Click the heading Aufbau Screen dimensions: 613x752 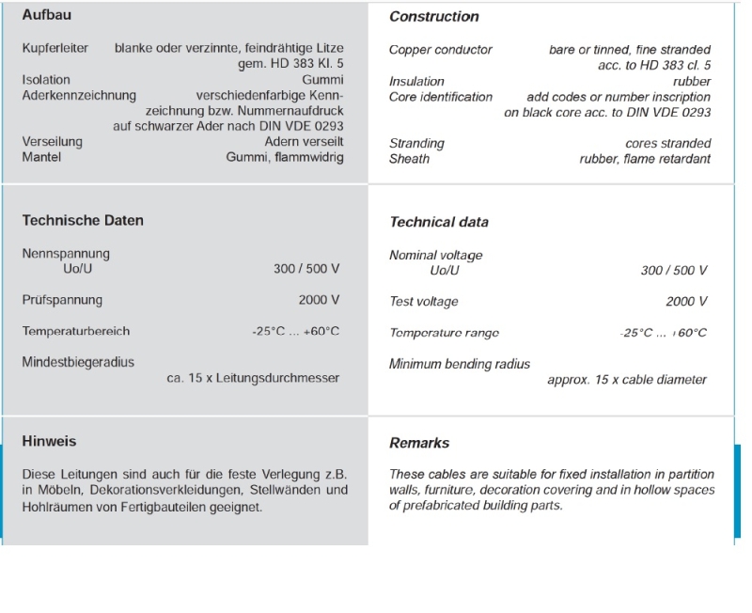click(x=46, y=15)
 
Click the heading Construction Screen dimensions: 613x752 click(x=433, y=16)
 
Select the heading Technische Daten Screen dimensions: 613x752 click(x=83, y=220)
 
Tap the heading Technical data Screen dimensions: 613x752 click(x=438, y=222)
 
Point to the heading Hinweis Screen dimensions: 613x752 click(x=49, y=440)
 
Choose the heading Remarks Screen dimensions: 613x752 click(x=418, y=442)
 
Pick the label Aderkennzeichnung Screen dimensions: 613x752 click(x=79, y=95)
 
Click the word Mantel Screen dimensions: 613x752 click(x=41, y=157)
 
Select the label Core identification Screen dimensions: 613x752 click(x=440, y=97)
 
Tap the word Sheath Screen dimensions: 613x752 click(x=409, y=159)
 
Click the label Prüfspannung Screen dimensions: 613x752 click(x=62, y=300)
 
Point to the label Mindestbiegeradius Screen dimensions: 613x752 click(x=78, y=362)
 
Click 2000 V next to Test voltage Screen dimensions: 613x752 click(x=686, y=302)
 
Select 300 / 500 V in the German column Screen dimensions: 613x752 click(x=306, y=269)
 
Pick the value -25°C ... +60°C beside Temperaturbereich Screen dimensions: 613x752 click(x=295, y=331)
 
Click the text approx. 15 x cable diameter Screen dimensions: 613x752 click(x=626, y=380)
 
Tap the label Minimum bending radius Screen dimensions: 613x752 click(x=459, y=364)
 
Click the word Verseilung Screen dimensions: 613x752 click(x=52, y=141)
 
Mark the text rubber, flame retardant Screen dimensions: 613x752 click(x=644, y=159)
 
